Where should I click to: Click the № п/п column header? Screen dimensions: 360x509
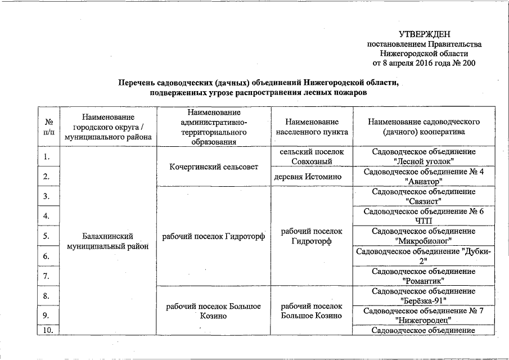click(x=48, y=127)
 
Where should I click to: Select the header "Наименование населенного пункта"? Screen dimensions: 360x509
click(x=312, y=127)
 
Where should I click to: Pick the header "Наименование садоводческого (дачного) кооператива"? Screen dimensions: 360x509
click(x=422, y=127)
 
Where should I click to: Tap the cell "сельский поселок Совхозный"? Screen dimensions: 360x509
click(x=312, y=157)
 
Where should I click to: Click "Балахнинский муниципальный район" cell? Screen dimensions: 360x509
click(x=107, y=241)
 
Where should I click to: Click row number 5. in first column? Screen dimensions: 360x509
click(x=48, y=236)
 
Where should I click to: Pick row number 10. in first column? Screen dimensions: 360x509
click(x=49, y=330)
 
